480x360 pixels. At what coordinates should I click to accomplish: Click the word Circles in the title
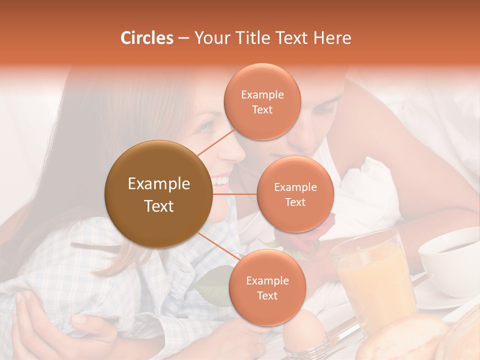(146, 38)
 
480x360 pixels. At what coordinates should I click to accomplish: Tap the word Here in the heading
(332, 38)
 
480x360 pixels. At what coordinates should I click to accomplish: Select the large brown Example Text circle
(158, 194)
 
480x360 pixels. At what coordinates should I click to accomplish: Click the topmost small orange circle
(262, 101)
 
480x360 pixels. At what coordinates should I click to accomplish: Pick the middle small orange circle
(295, 194)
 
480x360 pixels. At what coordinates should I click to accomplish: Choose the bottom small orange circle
(267, 287)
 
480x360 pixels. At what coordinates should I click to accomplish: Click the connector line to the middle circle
(235, 194)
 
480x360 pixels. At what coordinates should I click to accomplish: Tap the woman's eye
(205, 127)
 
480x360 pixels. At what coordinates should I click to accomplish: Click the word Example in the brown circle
(158, 184)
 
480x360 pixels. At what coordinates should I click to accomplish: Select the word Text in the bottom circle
(267, 295)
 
